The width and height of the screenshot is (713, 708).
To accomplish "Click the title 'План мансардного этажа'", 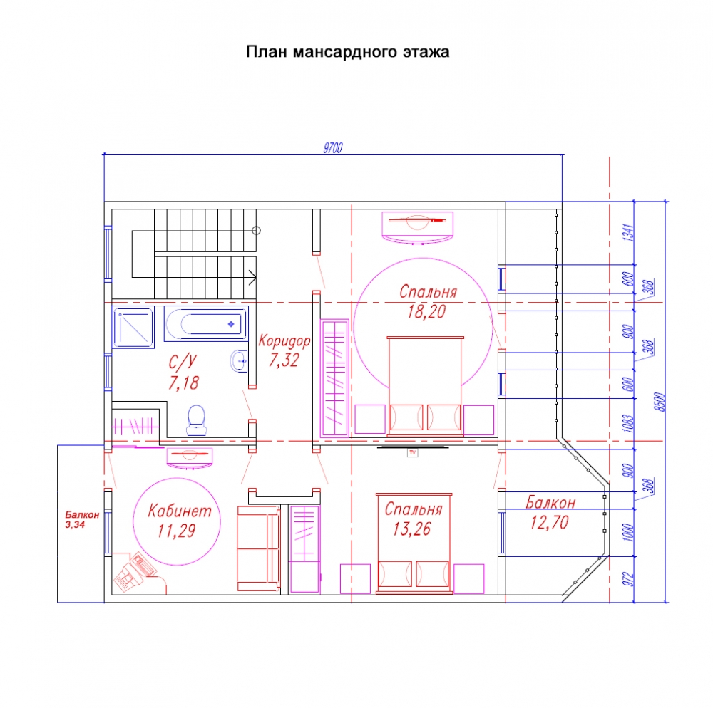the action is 347,52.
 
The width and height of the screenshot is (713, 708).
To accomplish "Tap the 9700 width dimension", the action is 333,148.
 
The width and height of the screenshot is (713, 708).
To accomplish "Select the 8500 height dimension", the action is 661,402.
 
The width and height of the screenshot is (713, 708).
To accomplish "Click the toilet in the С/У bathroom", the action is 197,420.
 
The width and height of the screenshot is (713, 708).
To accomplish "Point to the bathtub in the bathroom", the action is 206,324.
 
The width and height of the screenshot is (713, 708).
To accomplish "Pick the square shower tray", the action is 133,328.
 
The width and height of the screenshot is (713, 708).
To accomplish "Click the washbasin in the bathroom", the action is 239,361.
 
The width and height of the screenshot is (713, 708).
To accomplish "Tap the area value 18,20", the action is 426,312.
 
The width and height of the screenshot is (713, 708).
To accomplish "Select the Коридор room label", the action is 284,340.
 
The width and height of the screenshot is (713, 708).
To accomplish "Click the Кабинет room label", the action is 180,511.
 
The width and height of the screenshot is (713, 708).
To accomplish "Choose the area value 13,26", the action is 411,529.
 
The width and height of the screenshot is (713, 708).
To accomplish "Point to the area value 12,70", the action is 549,523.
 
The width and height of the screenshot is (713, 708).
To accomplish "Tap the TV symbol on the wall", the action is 412,452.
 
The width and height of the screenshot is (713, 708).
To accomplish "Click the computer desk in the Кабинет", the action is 135,572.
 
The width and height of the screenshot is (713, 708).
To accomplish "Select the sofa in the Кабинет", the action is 258,548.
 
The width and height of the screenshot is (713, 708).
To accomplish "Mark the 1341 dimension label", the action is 628,232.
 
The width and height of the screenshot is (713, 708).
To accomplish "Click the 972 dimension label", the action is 628,578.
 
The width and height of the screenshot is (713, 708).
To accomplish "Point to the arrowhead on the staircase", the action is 252,277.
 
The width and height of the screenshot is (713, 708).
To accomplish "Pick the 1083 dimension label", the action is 628,423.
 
